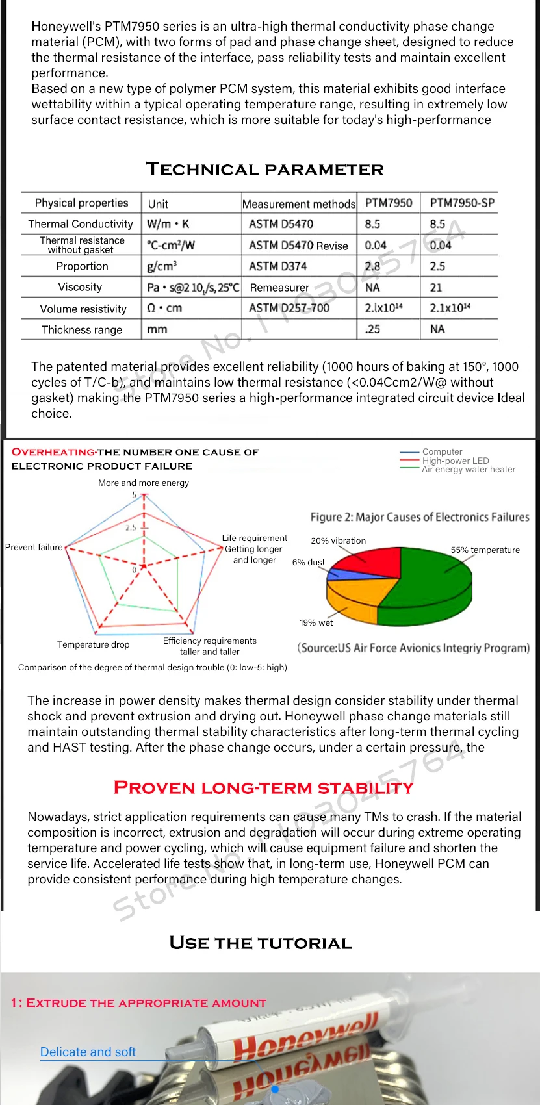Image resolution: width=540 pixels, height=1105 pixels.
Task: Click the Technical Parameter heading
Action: pos(265,170)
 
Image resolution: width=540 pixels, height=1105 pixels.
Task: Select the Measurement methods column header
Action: pos(299,203)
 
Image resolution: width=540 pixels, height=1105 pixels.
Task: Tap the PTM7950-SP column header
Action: pos(462,203)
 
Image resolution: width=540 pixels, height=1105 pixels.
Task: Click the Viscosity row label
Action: pos(80,287)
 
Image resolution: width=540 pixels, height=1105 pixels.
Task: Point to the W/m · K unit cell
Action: pos(168,224)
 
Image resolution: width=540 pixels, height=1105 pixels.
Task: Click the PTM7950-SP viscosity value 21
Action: pos(436,287)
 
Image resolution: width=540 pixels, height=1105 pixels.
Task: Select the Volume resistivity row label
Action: pos(83,309)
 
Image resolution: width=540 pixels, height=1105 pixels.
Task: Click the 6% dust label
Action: pos(308,562)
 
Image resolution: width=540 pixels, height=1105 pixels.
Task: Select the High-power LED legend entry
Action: pos(456,461)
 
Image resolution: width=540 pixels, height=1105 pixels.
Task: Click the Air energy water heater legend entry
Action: pos(468,469)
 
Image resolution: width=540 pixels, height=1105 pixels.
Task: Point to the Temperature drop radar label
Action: pos(93,644)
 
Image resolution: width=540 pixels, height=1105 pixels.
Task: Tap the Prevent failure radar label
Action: pos(34,547)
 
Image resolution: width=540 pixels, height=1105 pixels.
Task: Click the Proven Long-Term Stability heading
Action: pos(263,787)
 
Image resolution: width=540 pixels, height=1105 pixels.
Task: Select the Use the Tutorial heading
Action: pos(261,943)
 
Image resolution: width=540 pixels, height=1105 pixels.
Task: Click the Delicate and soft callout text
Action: pos(88,1052)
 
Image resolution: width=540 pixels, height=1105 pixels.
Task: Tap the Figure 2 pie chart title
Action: pos(419,517)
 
